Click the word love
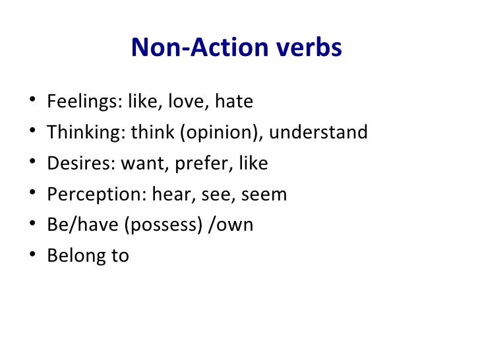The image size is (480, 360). click(x=186, y=103)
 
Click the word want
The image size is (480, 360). click(x=143, y=164)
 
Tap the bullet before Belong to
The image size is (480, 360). click(x=32, y=256)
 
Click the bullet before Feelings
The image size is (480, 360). click(x=32, y=103)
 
